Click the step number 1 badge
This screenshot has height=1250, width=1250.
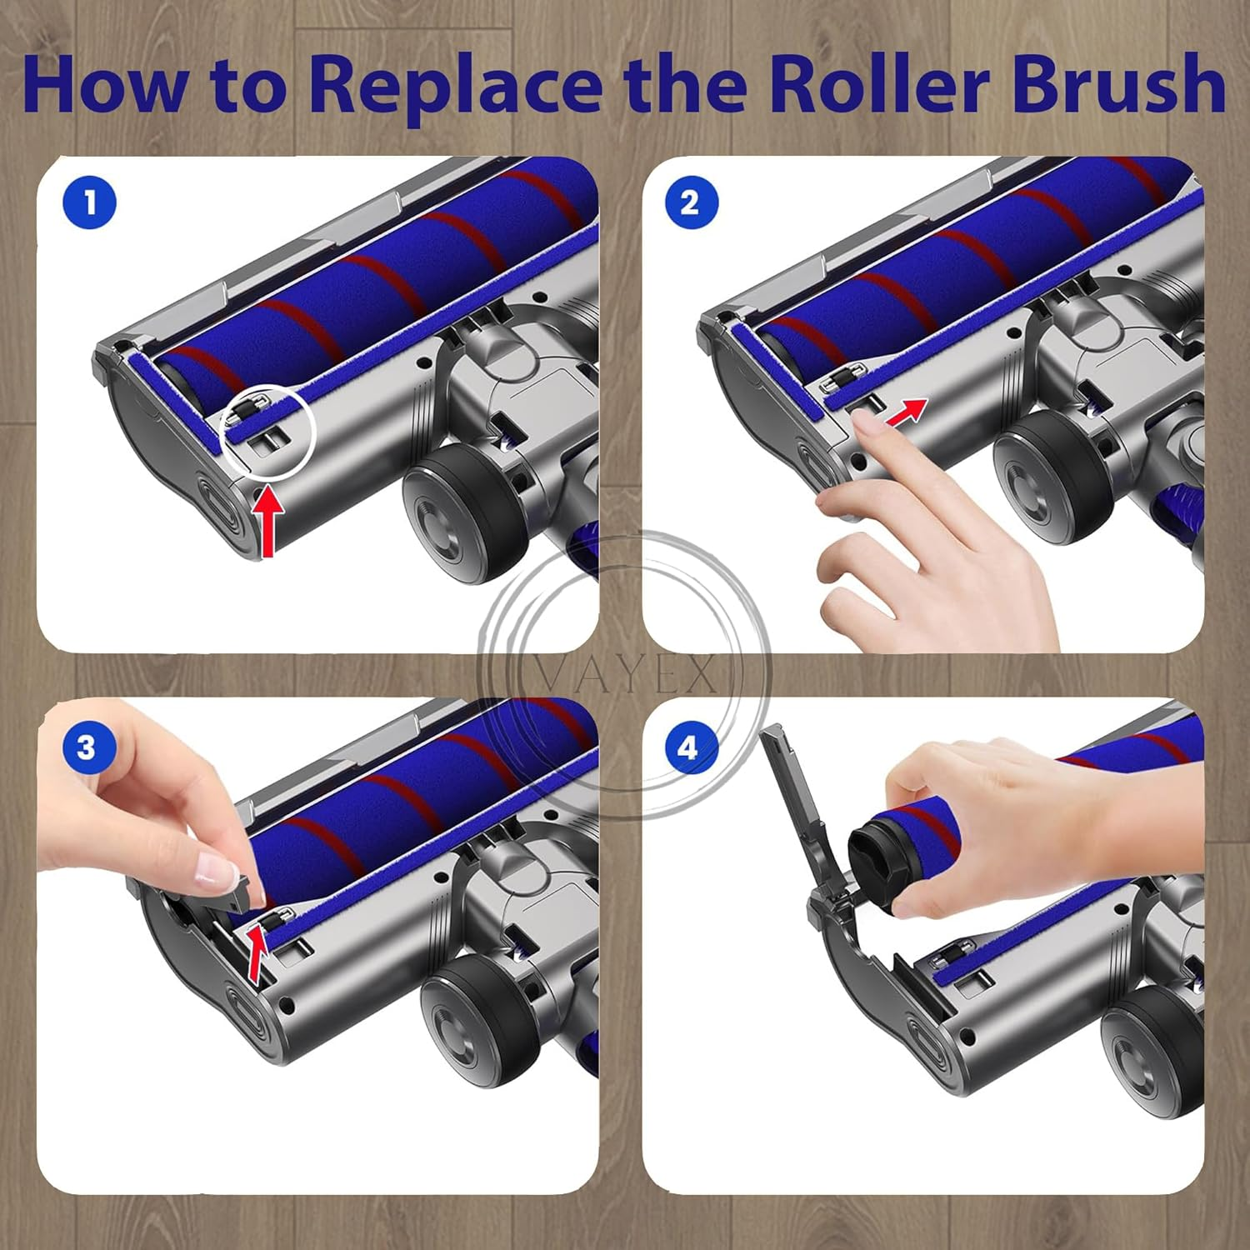[90, 203]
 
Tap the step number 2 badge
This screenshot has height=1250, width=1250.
[691, 203]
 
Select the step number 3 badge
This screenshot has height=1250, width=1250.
[87, 747]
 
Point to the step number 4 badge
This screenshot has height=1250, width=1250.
[687, 747]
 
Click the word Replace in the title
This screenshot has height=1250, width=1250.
[455, 85]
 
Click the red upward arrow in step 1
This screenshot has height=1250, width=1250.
[268, 522]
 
